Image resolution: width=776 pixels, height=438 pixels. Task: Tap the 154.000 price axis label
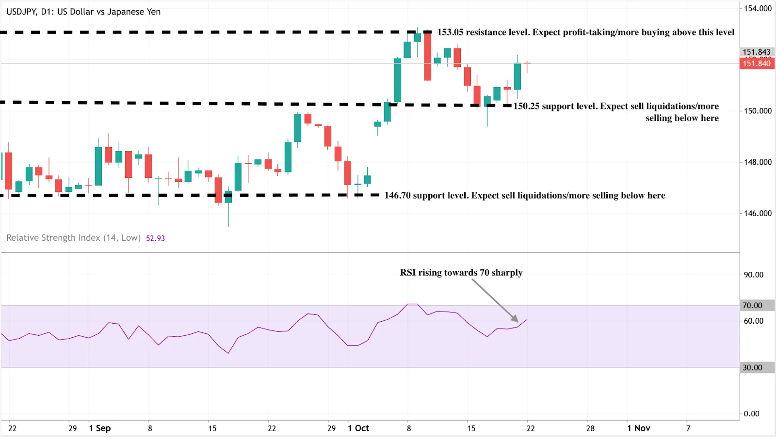tap(758, 8)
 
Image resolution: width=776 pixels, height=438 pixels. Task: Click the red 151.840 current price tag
tap(757, 63)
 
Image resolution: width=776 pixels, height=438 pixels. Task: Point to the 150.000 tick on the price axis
tap(758, 111)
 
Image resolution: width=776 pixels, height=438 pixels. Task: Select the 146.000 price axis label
tap(758, 213)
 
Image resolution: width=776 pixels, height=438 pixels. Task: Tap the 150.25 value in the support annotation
tap(526, 106)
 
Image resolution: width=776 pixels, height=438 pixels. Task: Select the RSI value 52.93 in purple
tap(155, 238)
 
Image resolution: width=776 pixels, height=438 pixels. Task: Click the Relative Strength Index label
tap(73, 238)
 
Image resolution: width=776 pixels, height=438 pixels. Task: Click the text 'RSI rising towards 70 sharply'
tap(461, 272)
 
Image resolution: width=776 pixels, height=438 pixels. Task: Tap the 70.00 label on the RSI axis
tap(752, 305)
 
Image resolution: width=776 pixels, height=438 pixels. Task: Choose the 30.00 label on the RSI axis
tap(752, 368)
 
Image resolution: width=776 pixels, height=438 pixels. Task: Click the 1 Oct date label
tap(358, 428)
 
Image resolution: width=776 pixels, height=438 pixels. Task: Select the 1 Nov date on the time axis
tap(638, 428)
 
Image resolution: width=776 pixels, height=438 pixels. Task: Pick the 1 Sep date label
tap(99, 428)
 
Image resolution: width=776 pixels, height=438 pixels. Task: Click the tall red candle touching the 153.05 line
tap(427, 56)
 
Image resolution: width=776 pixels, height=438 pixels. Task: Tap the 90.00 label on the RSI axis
tap(753, 275)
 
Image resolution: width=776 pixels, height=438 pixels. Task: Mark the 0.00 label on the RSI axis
tap(751, 414)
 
